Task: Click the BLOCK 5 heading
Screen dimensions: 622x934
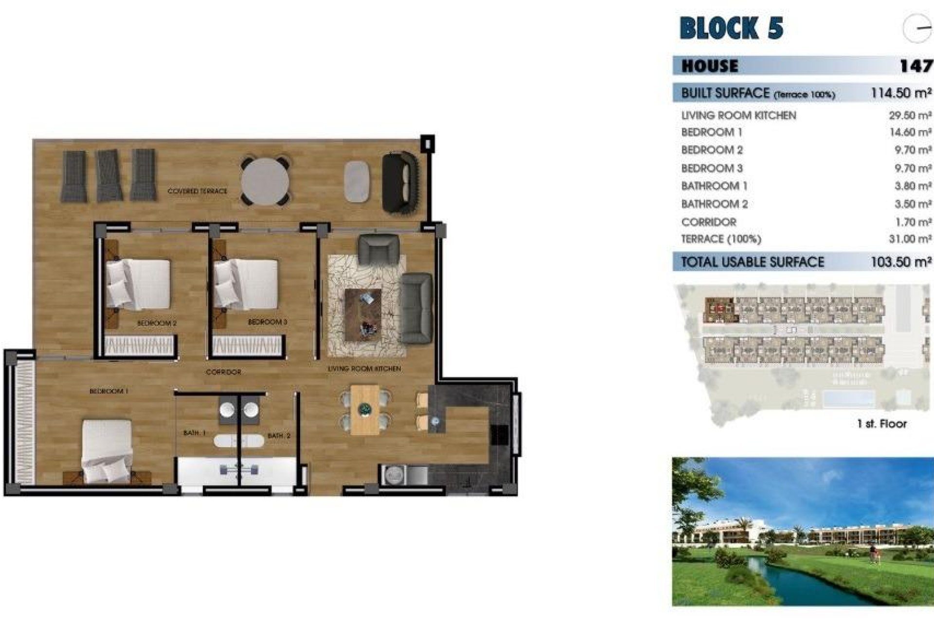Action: [x=731, y=28]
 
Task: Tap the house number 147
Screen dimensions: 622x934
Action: [x=916, y=66]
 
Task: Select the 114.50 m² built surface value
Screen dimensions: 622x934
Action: [x=901, y=93]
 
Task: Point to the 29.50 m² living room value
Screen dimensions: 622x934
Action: [x=910, y=116]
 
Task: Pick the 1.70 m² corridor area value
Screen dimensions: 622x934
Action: [x=913, y=222]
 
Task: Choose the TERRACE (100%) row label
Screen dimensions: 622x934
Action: [x=721, y=239]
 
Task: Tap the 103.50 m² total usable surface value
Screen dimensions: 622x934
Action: [x=901, y=262]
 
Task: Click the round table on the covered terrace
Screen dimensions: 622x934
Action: [x=265, y=181]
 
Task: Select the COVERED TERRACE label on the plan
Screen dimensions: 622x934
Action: [x=197, y=191]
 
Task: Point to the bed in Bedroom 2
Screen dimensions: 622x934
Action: [x=138, y=285]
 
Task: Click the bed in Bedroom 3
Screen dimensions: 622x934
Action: [x=246, y=284]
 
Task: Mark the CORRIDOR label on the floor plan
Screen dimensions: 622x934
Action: [x=223, y=372]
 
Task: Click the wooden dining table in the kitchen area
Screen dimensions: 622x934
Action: [x=365, y=410]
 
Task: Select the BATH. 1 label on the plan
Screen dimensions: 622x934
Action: [x=195, y=432]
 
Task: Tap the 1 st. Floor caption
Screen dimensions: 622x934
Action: [x=882, y=424]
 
